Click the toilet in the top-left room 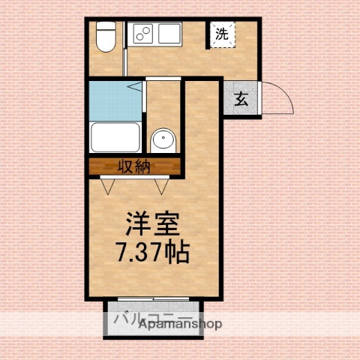[106, 37]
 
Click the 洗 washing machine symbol [222, 34]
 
